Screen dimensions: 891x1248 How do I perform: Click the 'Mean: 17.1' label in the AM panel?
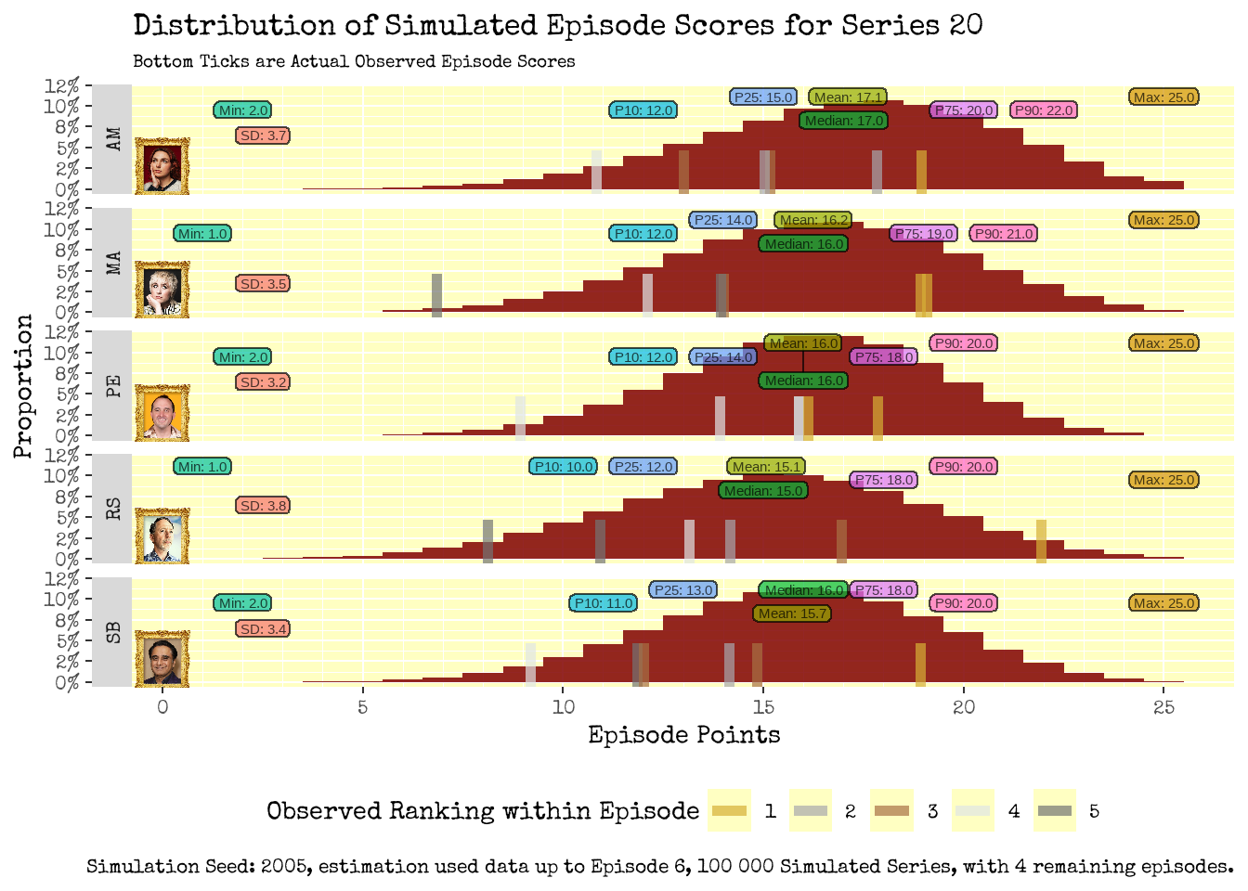tap(848, 97)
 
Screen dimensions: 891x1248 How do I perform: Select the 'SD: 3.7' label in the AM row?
tap(264, 136)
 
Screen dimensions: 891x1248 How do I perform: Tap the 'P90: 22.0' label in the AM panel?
tap(1044, 110)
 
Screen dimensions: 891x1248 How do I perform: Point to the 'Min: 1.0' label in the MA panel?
tap(202, 234)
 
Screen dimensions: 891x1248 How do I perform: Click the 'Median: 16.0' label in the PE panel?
tap(804, 381)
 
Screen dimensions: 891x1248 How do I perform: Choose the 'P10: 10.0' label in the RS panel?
tap(564, 467)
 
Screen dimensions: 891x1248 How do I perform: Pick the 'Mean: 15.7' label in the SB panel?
tap(792, 613)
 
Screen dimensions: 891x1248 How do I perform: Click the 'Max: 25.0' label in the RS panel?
tap(1164, 480)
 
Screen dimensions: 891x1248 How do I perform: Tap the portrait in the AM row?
tap(162, 166)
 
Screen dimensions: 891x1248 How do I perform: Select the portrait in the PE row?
tap(162, 412)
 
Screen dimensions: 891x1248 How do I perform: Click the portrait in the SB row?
tap(162, 658)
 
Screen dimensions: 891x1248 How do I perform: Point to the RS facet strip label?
tap(113, 509)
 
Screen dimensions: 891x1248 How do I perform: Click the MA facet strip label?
tap(113, 263)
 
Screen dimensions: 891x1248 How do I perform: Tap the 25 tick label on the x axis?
tap(1163, 707)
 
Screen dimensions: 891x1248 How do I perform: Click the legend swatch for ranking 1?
tap(730, 811)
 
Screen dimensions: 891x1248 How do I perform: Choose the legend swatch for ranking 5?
tap(1055, 811)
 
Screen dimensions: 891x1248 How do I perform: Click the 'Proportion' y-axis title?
tap(23, 386)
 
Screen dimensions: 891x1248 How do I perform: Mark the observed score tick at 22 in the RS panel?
tap(1042, 541)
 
